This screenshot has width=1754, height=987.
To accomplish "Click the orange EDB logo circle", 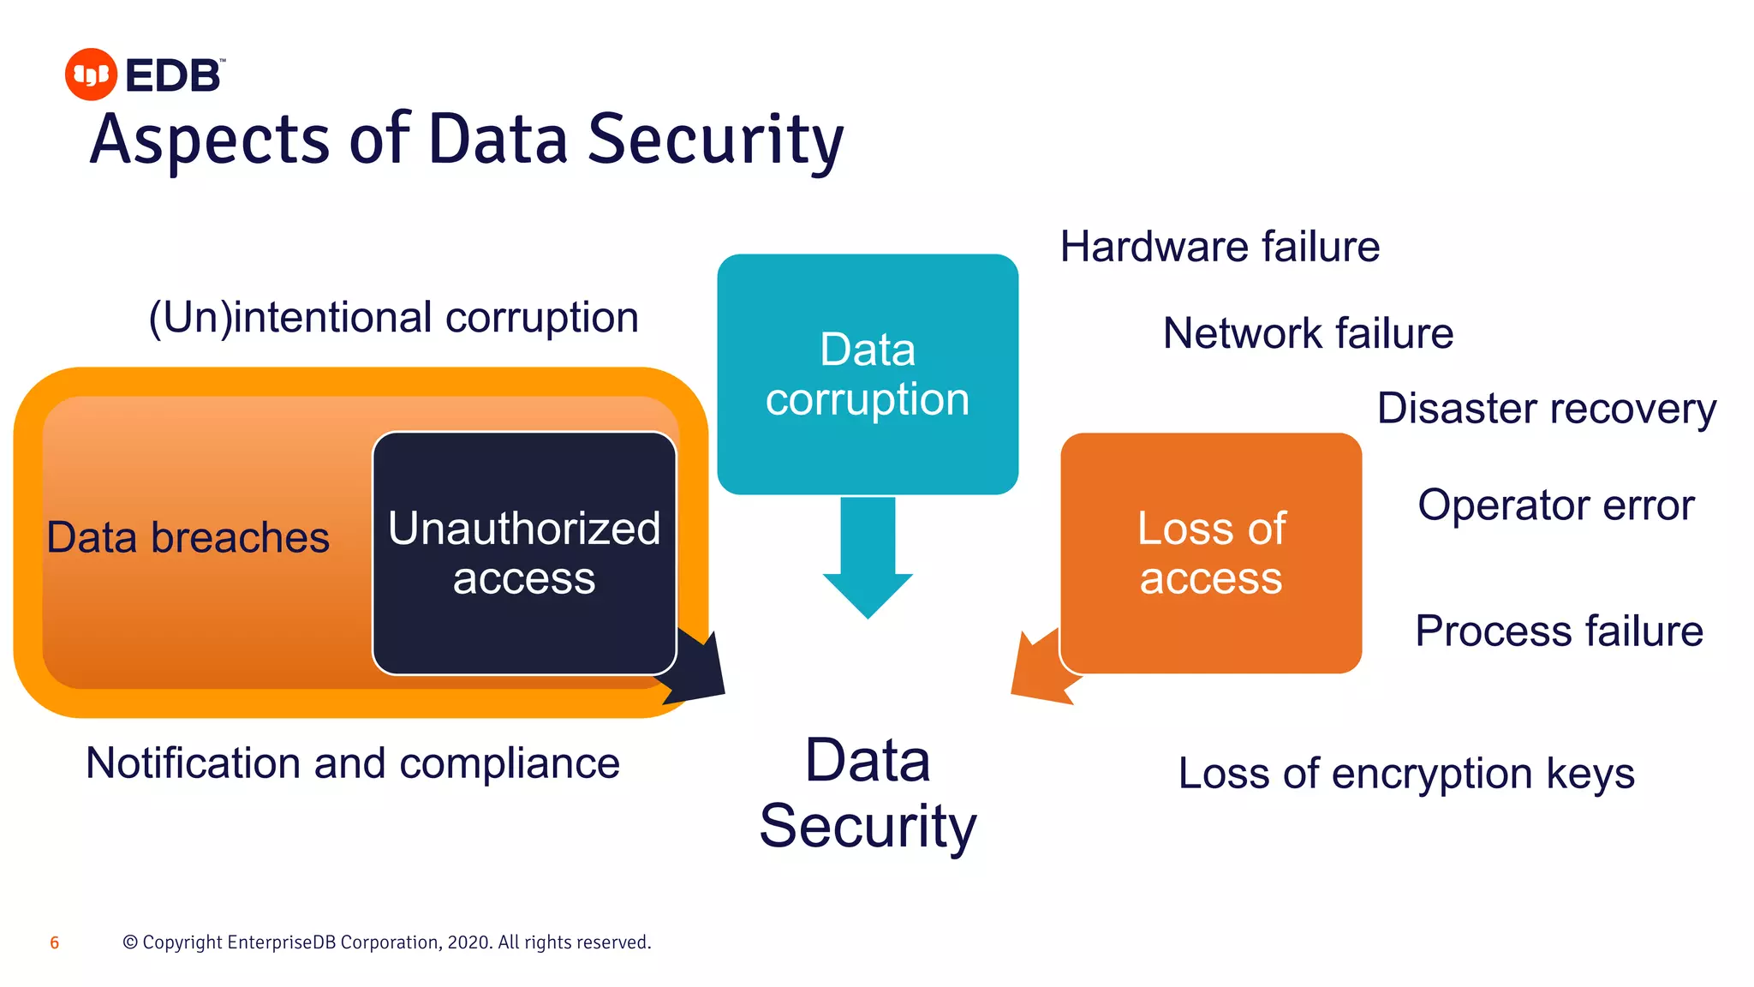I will point(91,75).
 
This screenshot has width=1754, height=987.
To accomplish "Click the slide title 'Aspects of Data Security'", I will point(467,140).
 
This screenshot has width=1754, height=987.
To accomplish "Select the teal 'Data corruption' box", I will point(868,374).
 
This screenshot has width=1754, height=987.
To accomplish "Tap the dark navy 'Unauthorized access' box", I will point(524,553).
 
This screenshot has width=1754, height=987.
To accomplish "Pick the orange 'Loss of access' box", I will point(1211,553).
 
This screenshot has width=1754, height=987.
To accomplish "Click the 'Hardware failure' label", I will point(1220,247).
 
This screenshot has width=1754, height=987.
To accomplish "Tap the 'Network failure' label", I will point(1308,333).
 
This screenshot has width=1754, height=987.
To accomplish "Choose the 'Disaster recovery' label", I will point(1546,409).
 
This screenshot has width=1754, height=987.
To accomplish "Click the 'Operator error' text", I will point(1555,505).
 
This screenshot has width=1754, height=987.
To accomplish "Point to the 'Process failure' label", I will point(1559,631).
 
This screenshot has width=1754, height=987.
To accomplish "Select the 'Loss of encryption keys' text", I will point(1406,774).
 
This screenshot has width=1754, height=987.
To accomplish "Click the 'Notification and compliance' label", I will point(353,763).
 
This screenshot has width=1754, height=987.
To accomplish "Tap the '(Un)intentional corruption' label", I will point(393,318).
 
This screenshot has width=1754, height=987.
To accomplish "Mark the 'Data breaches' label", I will point(188,538).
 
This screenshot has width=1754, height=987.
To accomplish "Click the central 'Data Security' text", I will point(868,793).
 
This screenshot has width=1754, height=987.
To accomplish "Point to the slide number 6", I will point(55,943).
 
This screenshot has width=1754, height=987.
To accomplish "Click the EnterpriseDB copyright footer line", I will point(387,942).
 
